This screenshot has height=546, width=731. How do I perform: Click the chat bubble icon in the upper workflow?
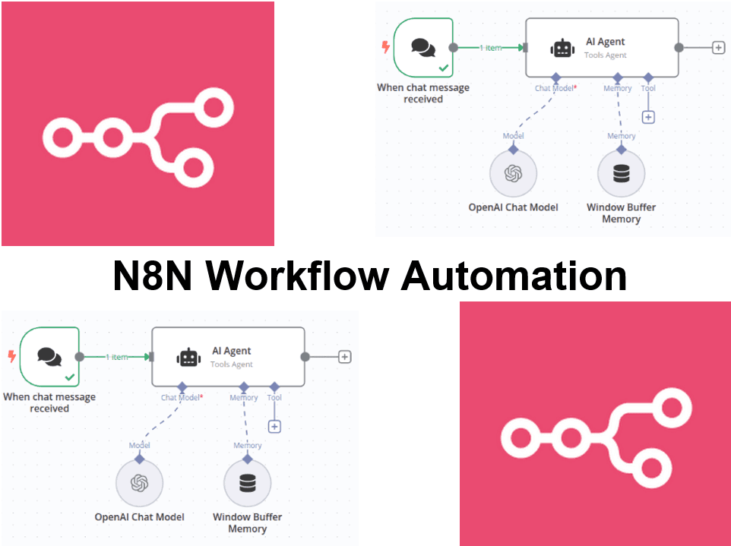423,47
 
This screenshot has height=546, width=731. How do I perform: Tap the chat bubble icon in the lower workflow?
49,356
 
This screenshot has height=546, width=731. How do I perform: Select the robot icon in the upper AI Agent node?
562,48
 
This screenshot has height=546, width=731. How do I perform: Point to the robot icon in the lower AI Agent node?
188,357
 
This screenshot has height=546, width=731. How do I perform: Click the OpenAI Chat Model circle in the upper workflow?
513,174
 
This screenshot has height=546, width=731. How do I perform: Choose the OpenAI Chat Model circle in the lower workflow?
139,483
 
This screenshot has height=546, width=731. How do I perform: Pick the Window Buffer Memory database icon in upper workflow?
621,174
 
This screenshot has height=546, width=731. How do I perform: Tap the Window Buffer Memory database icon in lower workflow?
247,483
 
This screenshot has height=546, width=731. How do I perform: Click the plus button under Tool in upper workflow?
648,117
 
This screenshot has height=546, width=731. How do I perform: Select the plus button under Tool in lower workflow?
274,427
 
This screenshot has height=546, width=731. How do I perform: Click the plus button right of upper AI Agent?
718,47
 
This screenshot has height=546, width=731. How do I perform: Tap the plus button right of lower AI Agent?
344,356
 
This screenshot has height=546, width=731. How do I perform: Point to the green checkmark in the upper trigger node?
443,68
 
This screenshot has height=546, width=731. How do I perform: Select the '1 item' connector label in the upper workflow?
490,48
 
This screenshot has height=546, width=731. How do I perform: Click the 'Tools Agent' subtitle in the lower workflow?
232,365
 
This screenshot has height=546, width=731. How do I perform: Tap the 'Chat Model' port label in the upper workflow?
555,88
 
